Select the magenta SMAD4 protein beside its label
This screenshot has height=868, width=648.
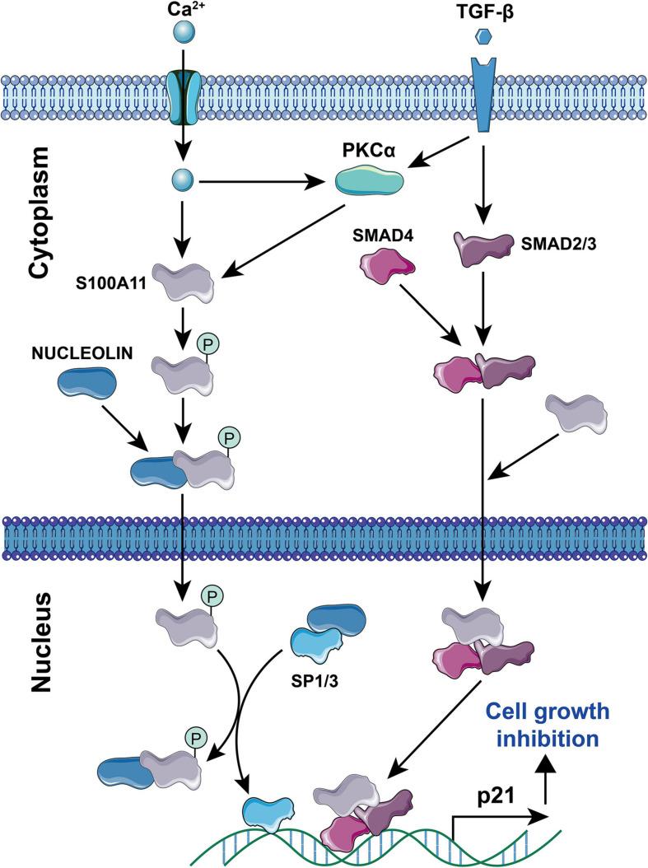385,269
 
